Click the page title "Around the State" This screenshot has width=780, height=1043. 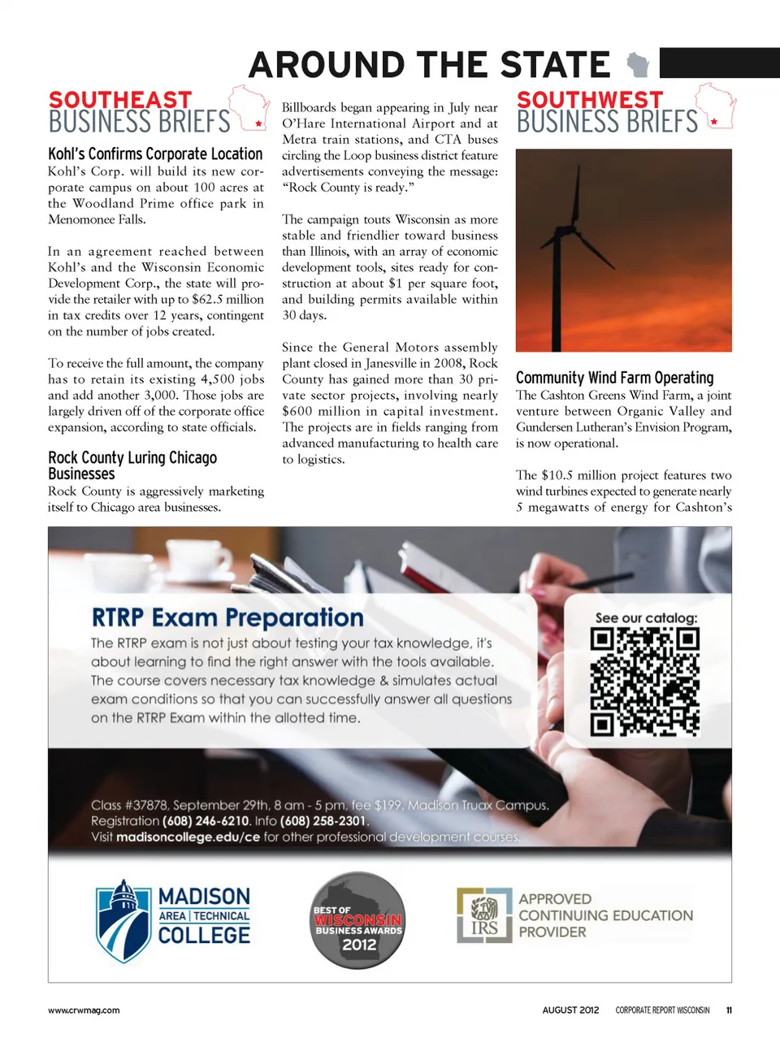[429, 65]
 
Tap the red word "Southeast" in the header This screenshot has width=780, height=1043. [120, 100]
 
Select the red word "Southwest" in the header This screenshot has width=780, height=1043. [590, 100]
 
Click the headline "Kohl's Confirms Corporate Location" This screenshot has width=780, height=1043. [155, 154]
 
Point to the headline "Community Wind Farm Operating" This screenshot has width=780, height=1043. [614, 378]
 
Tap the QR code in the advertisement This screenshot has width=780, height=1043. [645, 682]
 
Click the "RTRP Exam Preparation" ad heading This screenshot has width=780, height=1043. [227, 617]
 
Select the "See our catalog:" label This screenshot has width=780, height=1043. [646, 618]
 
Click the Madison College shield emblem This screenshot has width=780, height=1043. [123, 920]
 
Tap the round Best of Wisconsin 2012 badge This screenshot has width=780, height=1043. [358, 920]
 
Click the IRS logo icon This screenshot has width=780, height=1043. [484, 915]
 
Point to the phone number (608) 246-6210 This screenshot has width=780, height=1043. [206, 821]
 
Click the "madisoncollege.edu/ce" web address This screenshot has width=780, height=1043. [188, 837]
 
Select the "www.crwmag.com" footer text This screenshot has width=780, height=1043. [84, 1011]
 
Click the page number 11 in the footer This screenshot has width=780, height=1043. [729, 1011]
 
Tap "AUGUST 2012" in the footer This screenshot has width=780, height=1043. [570, 1011]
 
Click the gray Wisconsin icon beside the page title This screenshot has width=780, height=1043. [639, 63]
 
